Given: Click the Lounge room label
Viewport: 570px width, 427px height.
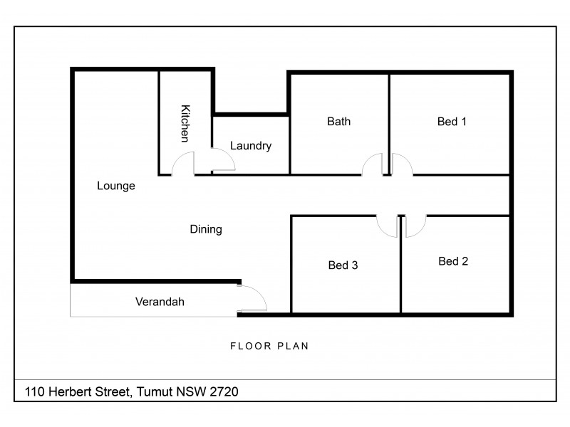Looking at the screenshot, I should (116, 186).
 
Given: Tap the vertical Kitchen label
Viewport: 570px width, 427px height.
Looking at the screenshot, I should (185, 122).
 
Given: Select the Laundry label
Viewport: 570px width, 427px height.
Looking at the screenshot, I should (251, 146).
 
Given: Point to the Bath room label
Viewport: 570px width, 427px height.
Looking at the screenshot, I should (338, 122).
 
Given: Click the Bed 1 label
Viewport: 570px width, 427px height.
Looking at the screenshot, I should (452, 122).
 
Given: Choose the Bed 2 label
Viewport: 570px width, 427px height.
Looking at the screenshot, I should (453, 261).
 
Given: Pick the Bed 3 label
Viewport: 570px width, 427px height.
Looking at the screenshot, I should (343, 265).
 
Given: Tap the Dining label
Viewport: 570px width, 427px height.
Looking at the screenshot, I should (206, 229).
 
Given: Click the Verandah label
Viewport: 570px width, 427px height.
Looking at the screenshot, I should (160, 302).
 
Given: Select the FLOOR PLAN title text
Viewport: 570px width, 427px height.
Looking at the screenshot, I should (269, 347).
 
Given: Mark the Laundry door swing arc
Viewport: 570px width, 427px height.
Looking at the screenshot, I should (223, 162).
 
